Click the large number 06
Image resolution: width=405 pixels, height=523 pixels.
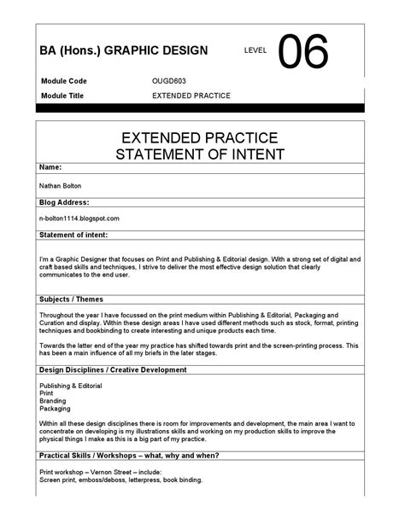coord(302,53)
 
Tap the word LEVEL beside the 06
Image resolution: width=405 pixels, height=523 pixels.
coord(255,51)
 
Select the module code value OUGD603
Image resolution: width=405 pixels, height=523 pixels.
coord(168,81)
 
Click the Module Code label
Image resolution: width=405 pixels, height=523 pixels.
coord(63,81)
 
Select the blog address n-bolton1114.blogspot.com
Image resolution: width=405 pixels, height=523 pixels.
coord(79,218)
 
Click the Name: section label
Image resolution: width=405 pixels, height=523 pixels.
coord(50,167)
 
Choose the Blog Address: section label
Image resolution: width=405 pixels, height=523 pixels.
coord(64,202)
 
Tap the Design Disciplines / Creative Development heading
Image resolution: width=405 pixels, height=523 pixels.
coord(113,369)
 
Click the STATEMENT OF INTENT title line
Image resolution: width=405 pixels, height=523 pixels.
coord(202,154)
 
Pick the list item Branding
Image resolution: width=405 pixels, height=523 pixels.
coord(53,401)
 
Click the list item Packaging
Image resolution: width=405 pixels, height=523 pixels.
coord(55,409)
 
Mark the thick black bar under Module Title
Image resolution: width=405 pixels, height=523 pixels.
coord(202,108)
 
